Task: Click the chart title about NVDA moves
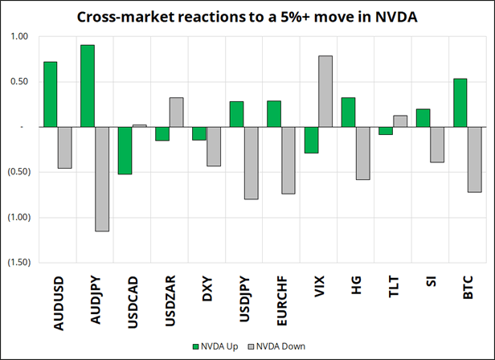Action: click(247, 16)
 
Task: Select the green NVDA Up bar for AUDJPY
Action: click(88, 86)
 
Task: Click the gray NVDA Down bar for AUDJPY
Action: click(102, 178)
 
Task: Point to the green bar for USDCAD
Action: click(125, 150)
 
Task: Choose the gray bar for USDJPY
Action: click(251, 162)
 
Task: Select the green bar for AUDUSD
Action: click(50, 94)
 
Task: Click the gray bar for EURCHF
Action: click(288, 160)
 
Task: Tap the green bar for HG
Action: click(348, 112)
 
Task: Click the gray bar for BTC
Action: click(474, 159)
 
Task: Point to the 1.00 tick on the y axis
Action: click(17, 36)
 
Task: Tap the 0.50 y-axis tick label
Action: click(17, 81)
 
